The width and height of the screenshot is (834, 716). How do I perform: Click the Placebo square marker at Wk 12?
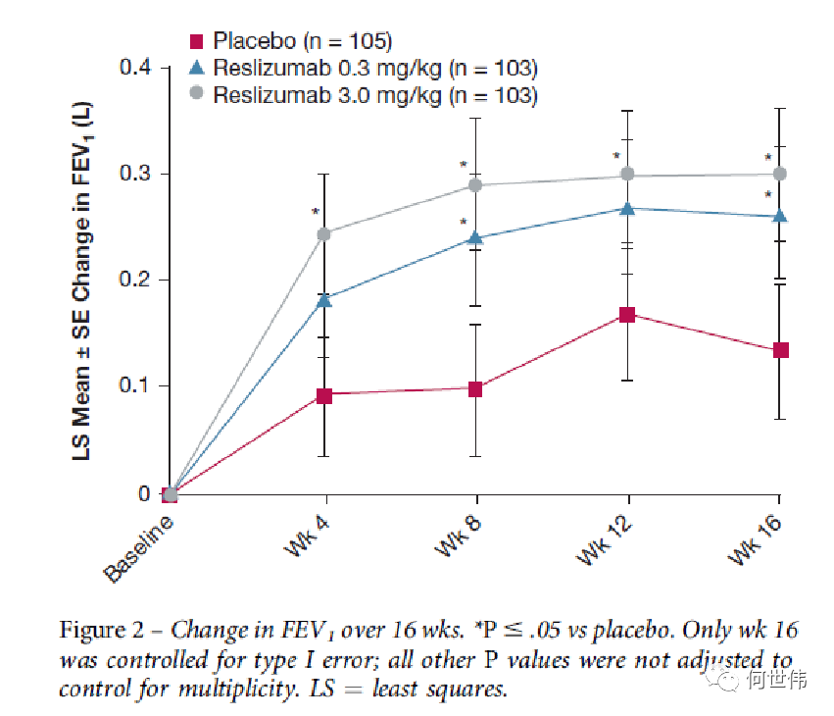pyautogui.click(x=627, y=315)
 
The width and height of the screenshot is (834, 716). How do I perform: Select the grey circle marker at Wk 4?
pyautogui.click(x=323, y=233)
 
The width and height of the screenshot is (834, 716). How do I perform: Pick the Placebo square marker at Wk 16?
pyautogui.click(x=781, y=350)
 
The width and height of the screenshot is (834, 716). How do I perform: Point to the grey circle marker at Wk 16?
pyautogui.click(x=781, y=174)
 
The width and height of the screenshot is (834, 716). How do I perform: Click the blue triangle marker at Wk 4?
pyautogui.click(x=323, y=299)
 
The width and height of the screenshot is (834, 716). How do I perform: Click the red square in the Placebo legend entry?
pyautogui.click(x=196, y=41)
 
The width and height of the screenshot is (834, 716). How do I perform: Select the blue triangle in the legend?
pyautogui.click(x=196, y=68)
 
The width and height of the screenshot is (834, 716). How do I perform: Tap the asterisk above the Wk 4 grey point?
pyautogui.click(x=316, y=212)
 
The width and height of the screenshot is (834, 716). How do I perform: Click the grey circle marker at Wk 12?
pyautogui.click(x=627, y=175)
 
